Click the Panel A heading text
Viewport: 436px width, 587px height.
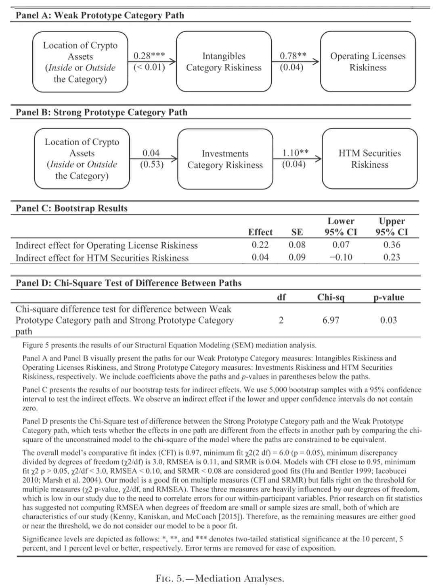pyautogui.click(x=100, y=15)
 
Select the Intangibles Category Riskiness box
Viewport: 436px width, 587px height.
pyautogui.click(x=224, y=62)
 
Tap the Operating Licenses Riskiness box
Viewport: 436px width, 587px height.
pyautogui.click(x=368, y=62)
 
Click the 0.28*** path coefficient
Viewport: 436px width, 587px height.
pyautogui.click(x=149, y=56)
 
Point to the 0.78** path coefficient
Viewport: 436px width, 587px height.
pyautogui.click(x=293, y=56)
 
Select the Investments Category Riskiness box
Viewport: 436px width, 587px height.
pyautogui.click(x=225, y=159)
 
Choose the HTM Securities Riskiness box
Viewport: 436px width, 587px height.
pyautogui.click(x=369, y=159)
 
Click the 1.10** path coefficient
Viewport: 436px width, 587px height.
pyautogui.click(x=295, y=153)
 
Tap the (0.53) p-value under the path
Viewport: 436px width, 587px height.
pyautogui.click(x=152, y=164)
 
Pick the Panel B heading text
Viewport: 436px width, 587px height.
pyautogui.click(x=101, y=112)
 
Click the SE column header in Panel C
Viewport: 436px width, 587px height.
pyautogui.click(x=297, y=232)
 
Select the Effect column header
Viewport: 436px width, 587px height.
pyautogui.click(x=260, y=232)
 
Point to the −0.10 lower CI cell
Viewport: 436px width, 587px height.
pyautogui.click(x=341, y=257)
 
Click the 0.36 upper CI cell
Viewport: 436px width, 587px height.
pyautogui.click(x=392, y=245)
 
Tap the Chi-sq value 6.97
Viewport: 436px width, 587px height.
pyautogui.click(x=331, y=320)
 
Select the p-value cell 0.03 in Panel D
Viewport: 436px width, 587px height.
pyautogui.click(x=388, y=320)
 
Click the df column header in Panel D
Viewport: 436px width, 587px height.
pyautogui.click(x=281, y=297)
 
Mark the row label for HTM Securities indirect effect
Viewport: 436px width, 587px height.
pyautogui.click(x=102, y=258)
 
